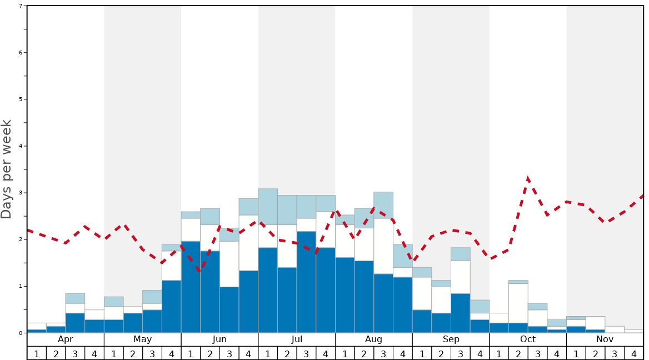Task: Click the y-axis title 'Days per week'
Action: tap(7, 169)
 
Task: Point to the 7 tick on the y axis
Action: tap(21, 6)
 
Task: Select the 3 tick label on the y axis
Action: tap(21, 193)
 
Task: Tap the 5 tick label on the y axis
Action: tap(21, 99)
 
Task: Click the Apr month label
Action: tap(66, 339)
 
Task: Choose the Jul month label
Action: tap(297, 339)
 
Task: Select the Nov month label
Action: tap(605, 339)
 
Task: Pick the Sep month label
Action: tap(451, 339)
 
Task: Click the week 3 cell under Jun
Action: tap(229, 353)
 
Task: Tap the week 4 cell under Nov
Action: tap(634, 353)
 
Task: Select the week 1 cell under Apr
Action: tap(37, 353)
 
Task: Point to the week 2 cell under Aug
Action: tap(364, 353)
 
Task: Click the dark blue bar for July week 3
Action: tap(306, 282)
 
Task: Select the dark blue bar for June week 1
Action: tap(191, 287)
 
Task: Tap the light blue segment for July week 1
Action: tap(268, 207)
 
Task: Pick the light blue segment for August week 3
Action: tap(383, 205)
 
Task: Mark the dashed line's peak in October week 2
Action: tap(527, 178)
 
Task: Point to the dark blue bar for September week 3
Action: tap(461, 313)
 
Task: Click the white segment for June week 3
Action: tap(229, 264)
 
